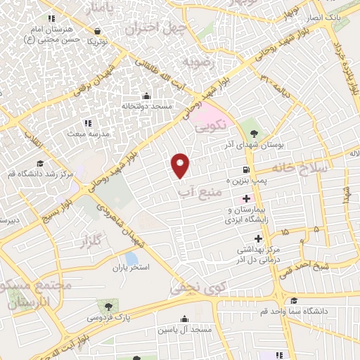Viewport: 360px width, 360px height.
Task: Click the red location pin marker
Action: [181, 165]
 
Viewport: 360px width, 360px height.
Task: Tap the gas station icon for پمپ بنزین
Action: [244, 169]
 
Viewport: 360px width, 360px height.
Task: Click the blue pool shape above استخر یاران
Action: [131, 258]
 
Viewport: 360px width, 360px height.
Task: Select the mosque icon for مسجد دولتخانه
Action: [146, 96]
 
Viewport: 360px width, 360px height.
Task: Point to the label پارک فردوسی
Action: [107, 318]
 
